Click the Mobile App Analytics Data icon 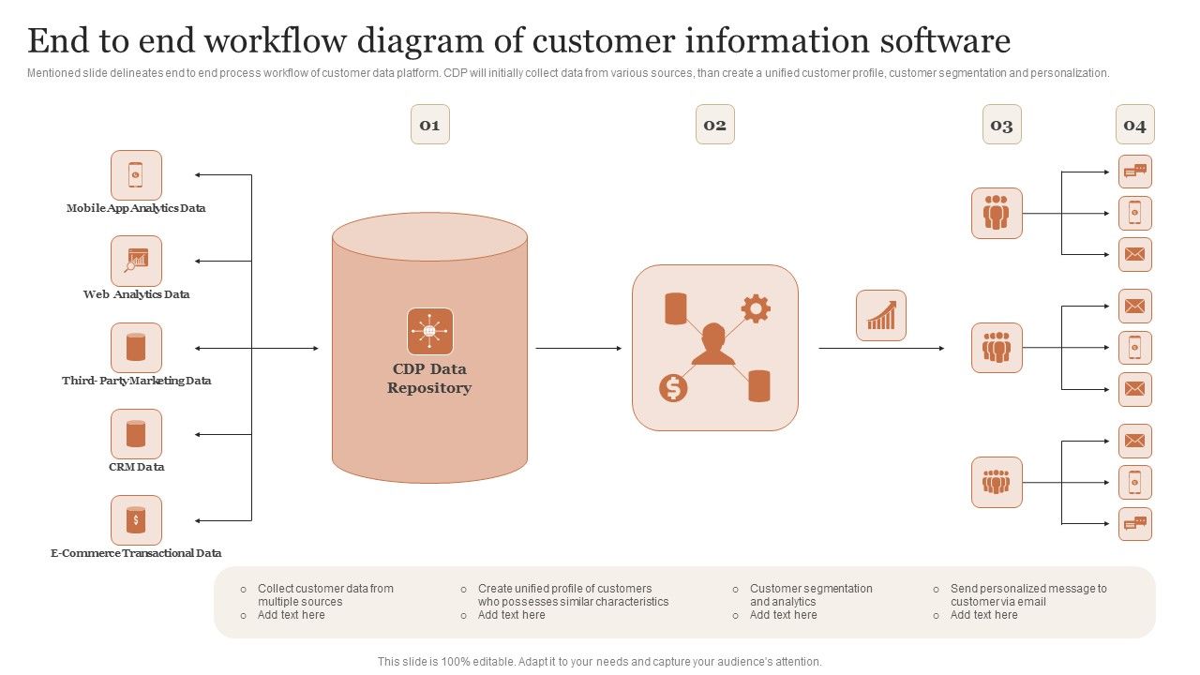(x=136, y=175)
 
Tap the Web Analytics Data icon (x=136, y=261)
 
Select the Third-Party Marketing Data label (x=137, y=381)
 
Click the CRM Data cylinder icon (x=136, y=434)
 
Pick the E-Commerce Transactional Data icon (x=136, y=520)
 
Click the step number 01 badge (x=429, y=125)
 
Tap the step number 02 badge (x=714, y=125)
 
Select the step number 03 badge (x=1001, y=125)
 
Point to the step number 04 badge (x=1134, y=125)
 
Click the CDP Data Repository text (x=429, y=379)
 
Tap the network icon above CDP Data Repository (x=429, y=331)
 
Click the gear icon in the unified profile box (x=756, y=307)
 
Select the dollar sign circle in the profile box (x=673, y=387)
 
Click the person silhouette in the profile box (x=713, y=345)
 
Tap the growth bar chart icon (x=880, y=315)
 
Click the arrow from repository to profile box (x=578, y=349)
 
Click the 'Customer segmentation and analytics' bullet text (x=811, y=595)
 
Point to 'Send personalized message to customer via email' (x=1028, y=595)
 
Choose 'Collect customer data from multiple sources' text (x=325, y=595)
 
